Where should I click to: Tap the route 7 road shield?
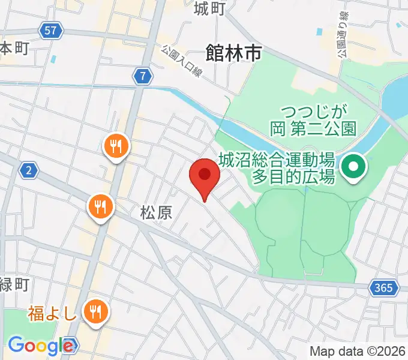[142, 76]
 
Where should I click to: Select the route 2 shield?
[28, 171]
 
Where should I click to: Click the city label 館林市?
[233, 53]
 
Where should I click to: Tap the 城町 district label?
[209, 8]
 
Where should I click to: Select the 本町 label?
[13, 49]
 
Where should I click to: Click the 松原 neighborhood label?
[156, 212]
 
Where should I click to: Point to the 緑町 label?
[13, 284]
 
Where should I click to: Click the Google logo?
[41, 346]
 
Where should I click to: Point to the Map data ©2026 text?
[358, 351]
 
